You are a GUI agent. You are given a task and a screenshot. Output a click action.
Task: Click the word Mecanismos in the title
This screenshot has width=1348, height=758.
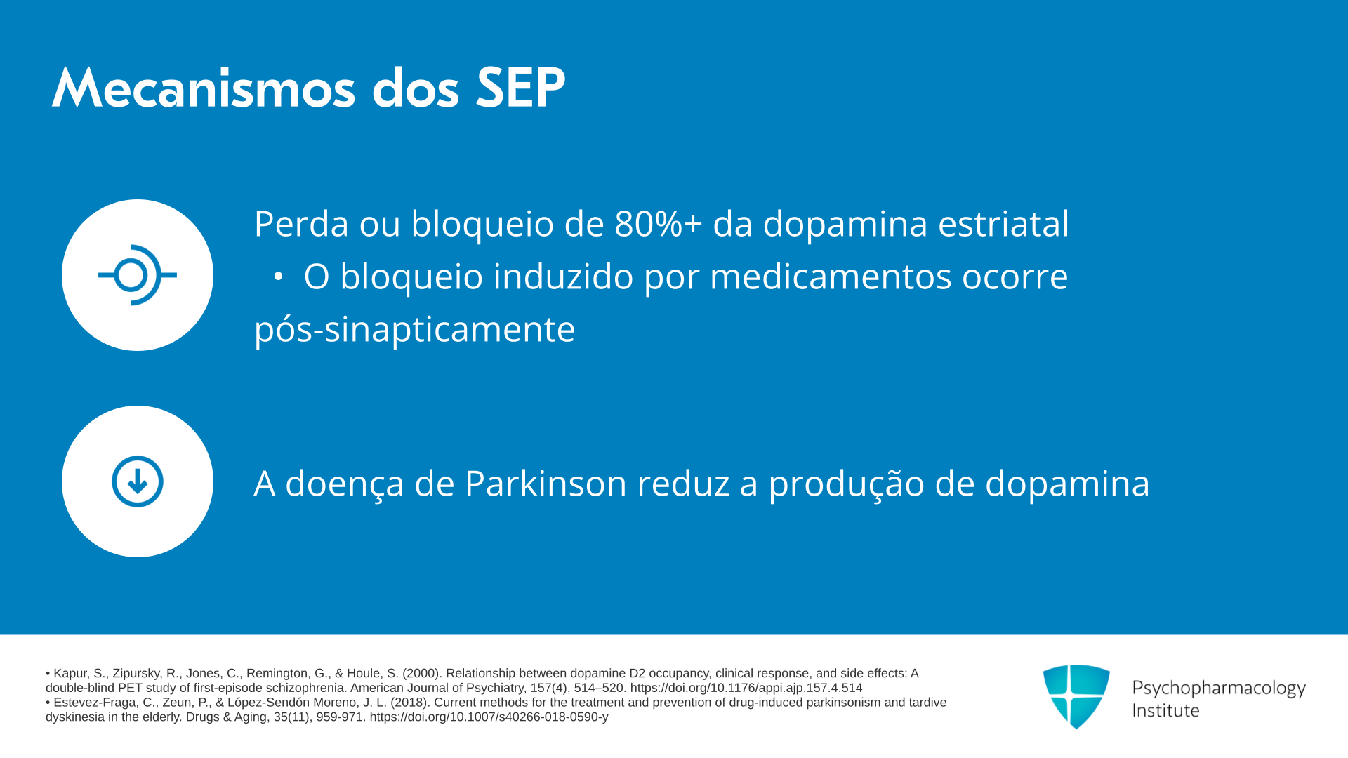tap(204, 88)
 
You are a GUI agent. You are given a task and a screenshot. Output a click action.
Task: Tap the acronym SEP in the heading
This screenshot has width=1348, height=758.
tap(520, 88)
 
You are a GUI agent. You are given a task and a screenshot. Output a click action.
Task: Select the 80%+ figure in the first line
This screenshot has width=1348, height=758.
tap(658, 224)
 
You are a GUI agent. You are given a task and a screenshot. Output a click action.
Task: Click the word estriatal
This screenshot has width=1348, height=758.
tap(1003, 224)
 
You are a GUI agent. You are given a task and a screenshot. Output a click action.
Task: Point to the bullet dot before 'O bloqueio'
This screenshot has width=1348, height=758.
tap(278, 277)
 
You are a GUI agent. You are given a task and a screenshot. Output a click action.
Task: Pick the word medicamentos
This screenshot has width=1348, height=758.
tap(831, 277)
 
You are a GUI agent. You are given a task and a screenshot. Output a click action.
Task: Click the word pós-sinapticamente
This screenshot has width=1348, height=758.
tap(414, 330)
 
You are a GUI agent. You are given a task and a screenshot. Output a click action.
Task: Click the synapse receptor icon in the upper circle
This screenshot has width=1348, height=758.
tap(137, 275)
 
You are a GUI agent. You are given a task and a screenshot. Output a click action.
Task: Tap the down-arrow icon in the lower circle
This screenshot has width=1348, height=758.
tap(138, 481)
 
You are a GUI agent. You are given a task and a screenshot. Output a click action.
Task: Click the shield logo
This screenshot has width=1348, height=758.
tap(1076, 696)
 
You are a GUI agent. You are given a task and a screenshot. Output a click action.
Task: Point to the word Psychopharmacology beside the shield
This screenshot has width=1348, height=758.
tap(1219, 689)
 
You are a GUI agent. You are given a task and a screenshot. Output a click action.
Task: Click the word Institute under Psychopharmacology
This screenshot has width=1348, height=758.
tap(1165, 711)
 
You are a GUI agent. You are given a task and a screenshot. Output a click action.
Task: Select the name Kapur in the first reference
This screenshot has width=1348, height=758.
tap(70, 674)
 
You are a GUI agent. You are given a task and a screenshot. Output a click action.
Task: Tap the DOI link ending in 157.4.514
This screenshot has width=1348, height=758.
tap(746, 689)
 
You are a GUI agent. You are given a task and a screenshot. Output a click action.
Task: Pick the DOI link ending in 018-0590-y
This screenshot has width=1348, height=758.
tap(489, 717)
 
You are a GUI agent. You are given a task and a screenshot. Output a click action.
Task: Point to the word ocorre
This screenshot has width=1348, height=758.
tap(1015, 277)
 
